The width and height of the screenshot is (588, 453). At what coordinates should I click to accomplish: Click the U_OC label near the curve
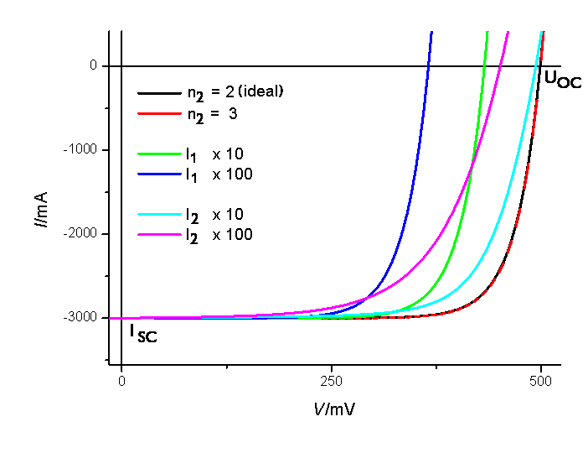coord(561,80)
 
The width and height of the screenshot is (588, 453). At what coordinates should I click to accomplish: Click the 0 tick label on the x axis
coord(122,381)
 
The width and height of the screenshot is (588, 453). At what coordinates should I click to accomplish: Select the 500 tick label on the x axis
coord(541,381)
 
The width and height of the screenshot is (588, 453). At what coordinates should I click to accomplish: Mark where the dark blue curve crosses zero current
coord(429,65)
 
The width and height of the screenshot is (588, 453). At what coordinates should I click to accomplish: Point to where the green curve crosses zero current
coord(485,65)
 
